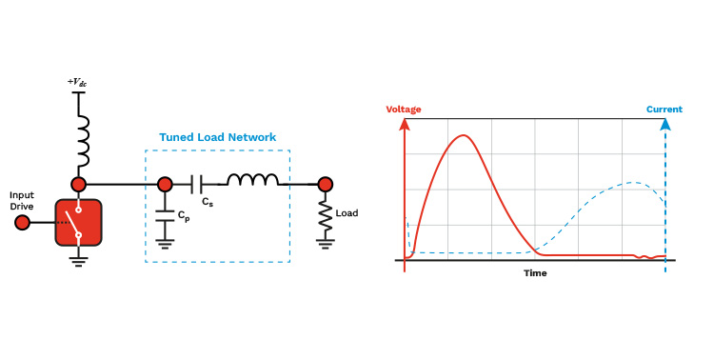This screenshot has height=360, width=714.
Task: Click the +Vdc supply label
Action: (x=77, y=82)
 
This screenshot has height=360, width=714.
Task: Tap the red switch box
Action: (x=78, y=222)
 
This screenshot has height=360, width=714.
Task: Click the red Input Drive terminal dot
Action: (x=22, y=223)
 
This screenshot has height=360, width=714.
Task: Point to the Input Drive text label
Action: (x=22, y=201)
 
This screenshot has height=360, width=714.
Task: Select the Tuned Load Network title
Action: (x=218, y=137)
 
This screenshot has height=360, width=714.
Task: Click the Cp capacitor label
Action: (x=184, y=216)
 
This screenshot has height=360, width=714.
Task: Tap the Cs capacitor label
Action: (x=208, y=202)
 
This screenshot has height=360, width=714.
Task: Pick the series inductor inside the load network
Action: (x=252, y=180)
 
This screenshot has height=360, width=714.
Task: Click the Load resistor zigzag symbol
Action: (x=326, y=215)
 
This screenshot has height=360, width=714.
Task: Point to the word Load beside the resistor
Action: (x=347, y=213)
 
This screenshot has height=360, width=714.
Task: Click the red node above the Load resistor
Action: (x=326, y=185)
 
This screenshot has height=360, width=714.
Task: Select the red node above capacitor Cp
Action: (x=165, y=185)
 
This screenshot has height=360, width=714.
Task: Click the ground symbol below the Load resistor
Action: (x=326, y=244)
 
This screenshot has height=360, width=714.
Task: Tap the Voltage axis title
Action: (x=404, y=110)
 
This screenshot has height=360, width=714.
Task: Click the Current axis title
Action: (x=664, y=110)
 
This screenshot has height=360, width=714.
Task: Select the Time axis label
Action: (x=535, y=273)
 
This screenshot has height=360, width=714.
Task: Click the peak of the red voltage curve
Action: (x=464, y=135)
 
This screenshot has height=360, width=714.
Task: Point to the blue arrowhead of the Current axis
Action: (x=665, y=124)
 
